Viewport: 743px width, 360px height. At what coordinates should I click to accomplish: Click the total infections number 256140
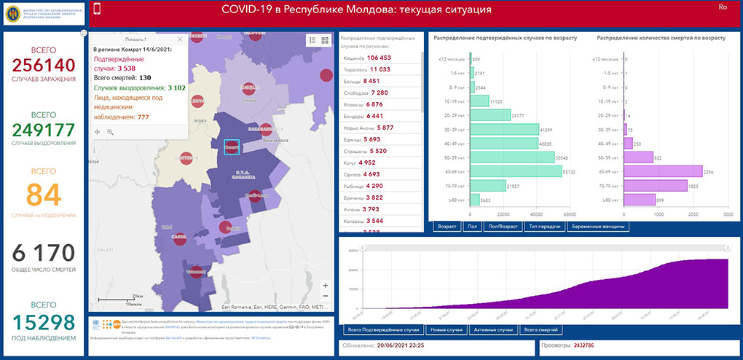tap(43, 65)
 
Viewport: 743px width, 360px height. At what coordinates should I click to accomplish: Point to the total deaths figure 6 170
tap(43, 253)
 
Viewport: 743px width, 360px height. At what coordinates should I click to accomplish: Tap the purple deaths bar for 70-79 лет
tap(655, 185)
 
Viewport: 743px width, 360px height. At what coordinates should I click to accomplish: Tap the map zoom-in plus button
tap(325, 285)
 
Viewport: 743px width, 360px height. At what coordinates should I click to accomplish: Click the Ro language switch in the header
tap(723, 7)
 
